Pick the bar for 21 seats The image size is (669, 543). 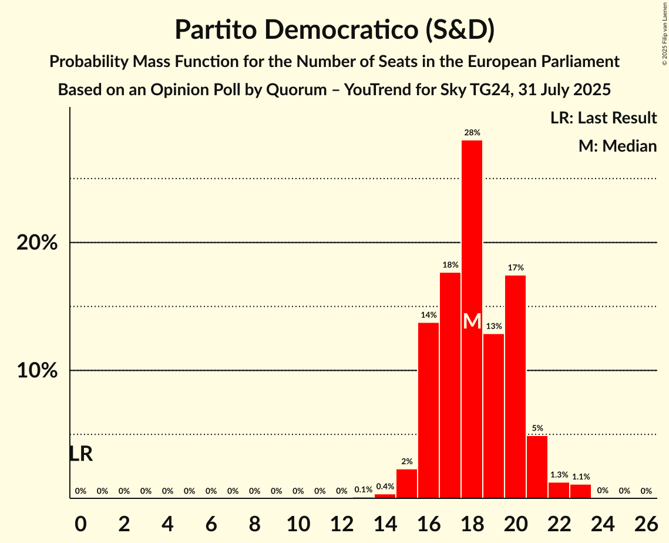tap(537, 467)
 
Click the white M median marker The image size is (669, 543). tap(472, 321)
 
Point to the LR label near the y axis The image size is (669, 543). tap(81, 454)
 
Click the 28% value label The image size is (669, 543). tap(472, 133)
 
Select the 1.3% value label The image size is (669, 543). tap(559, 475)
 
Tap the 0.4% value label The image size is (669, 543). tap(385, 486)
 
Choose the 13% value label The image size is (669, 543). tap(493, 326)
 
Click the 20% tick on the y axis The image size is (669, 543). tap(37, 243)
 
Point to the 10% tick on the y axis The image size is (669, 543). tap(37, 371)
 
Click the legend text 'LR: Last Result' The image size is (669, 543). tap(603, 118)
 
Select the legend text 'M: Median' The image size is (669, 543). tap(617, 146)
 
